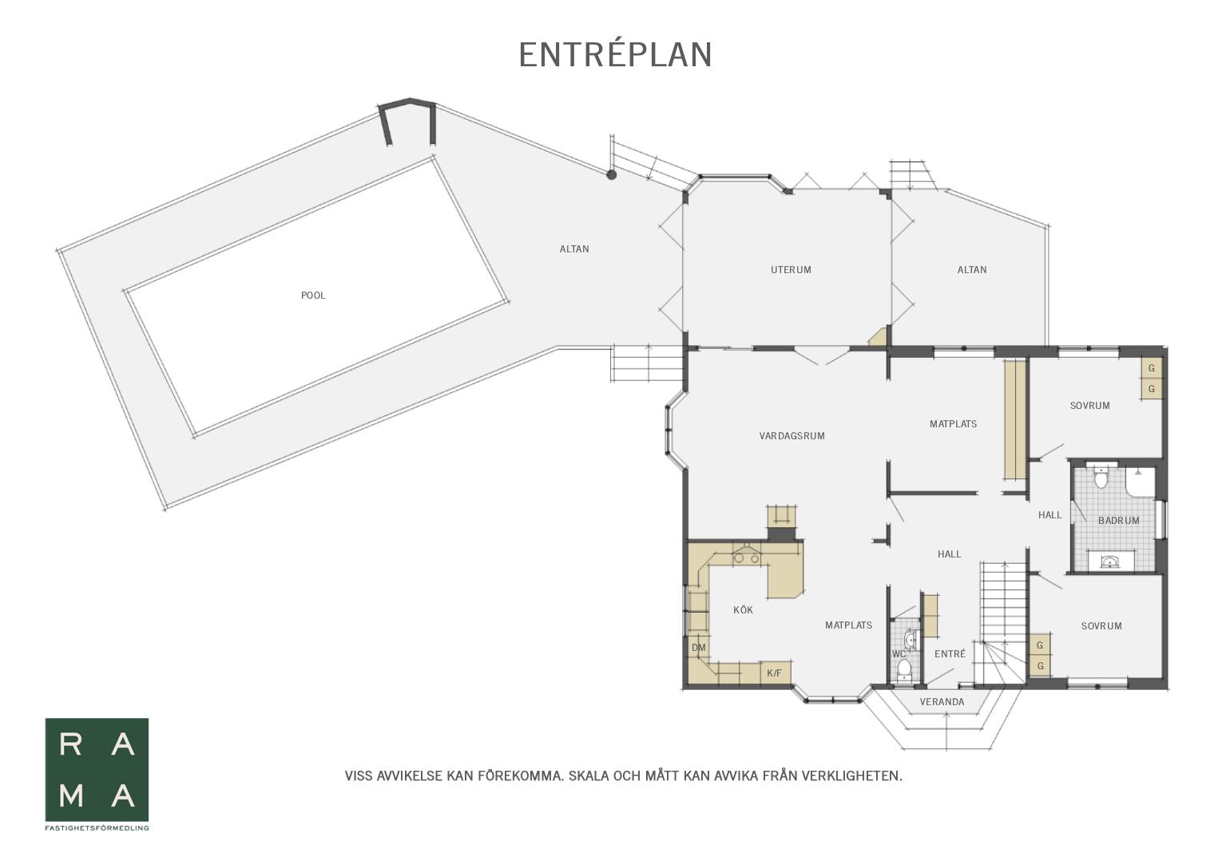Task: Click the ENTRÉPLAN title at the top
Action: click(615, 55)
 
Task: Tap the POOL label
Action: click(313, 296)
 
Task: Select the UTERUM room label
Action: click(791, 270)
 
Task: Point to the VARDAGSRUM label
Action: click(792, 436)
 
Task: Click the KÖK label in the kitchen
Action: click(744, 609)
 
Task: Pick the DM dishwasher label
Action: click(698, 648)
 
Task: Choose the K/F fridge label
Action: click(774, 673)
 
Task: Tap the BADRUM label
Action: click(1119, 521)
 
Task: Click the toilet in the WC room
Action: click(904, 668)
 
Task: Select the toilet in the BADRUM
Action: click(1101, 477)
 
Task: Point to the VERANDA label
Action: click(942, 702)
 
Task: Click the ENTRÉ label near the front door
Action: click(950, 653)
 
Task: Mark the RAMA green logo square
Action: click(97, 770)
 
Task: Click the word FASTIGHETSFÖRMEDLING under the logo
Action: click(97, 827)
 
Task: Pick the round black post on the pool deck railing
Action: click(611, 175)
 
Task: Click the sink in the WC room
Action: click(911, 639)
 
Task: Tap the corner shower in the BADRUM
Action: click(1140, 482)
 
